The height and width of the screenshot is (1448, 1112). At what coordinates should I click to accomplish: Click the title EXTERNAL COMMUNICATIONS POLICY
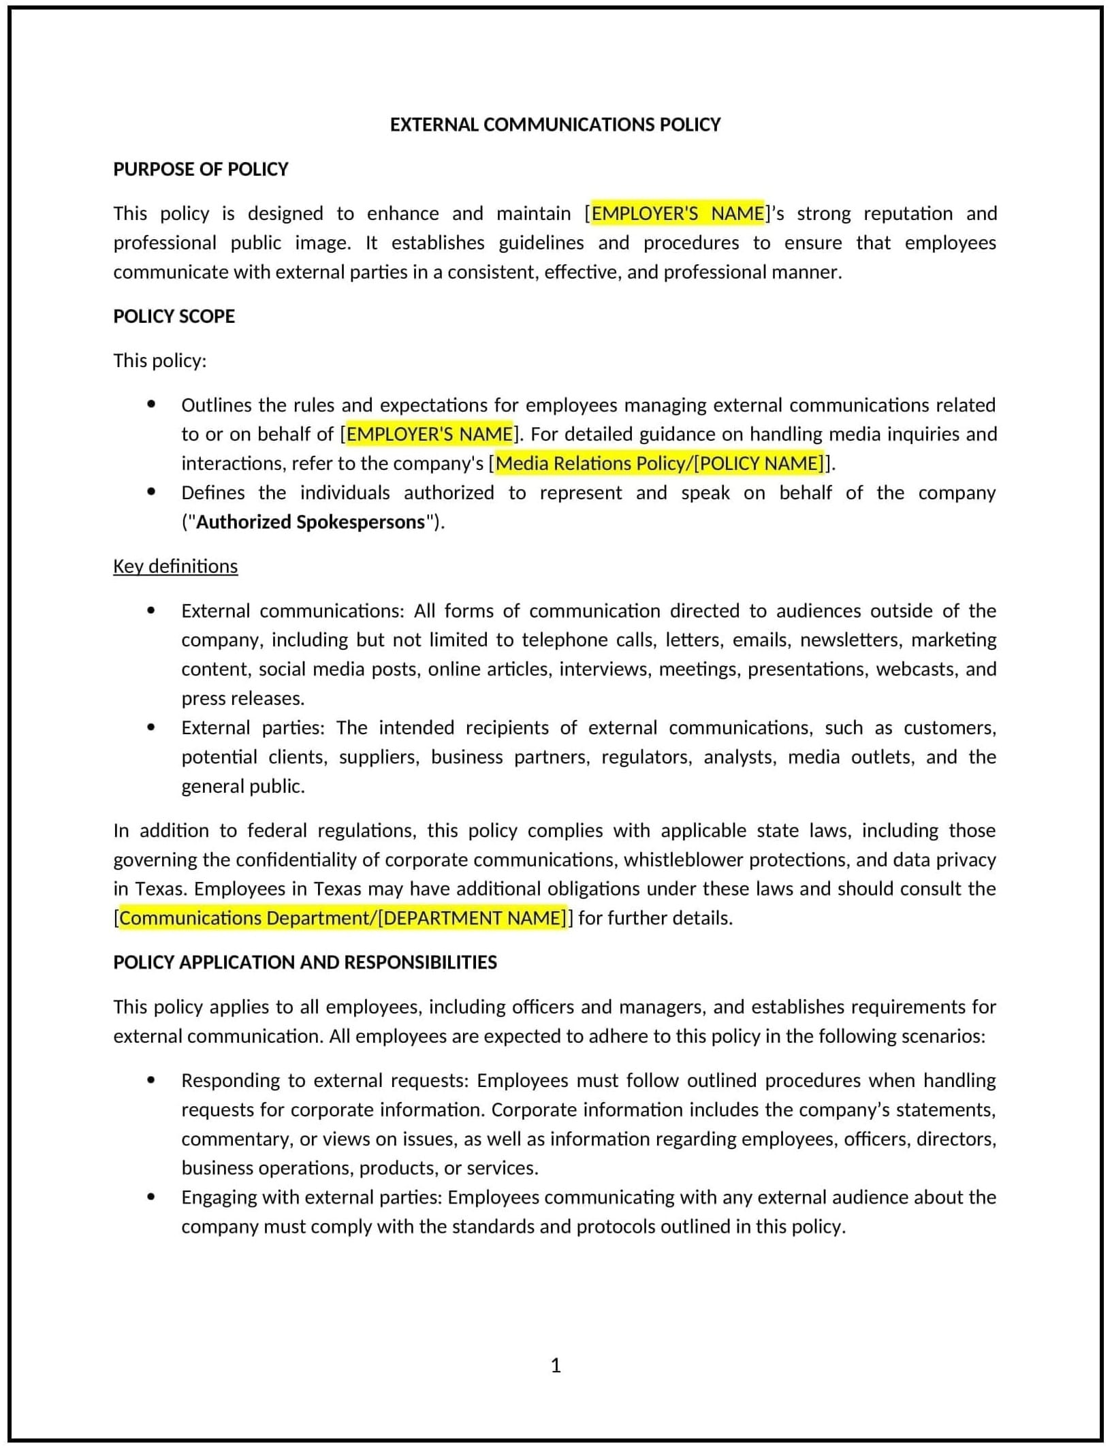(x=555, y=125)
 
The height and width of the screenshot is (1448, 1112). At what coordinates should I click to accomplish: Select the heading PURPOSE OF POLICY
(x=201, y=169)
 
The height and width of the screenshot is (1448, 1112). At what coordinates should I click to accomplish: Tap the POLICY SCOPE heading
(x=174, y=316)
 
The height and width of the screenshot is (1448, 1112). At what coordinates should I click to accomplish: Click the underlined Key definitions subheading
(x=176, y=566)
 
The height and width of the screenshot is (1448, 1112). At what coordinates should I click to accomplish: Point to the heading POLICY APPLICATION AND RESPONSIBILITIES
(x=305, y=962)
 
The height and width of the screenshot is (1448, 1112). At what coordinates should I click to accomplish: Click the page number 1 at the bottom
(x=556, y=1366)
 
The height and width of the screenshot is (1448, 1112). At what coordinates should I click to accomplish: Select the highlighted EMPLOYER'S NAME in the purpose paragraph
(x=678, y=214)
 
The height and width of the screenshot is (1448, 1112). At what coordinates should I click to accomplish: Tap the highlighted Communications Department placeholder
(x=343, y=918)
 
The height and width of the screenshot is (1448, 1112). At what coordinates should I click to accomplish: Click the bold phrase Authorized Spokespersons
(x=311, y=522)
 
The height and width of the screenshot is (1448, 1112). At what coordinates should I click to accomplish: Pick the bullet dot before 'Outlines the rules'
(x=151, y=405)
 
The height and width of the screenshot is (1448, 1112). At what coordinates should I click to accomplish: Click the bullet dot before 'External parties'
(x=151, y=727)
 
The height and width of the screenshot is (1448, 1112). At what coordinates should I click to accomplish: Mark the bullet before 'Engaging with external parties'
(x=151, y=1197)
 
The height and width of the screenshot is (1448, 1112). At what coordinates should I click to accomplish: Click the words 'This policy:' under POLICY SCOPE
(x=160, y=360)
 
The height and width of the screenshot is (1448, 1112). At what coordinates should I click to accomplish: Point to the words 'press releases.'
(x=243, y=698)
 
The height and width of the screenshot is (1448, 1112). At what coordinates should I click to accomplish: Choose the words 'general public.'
(x=243, y=786)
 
